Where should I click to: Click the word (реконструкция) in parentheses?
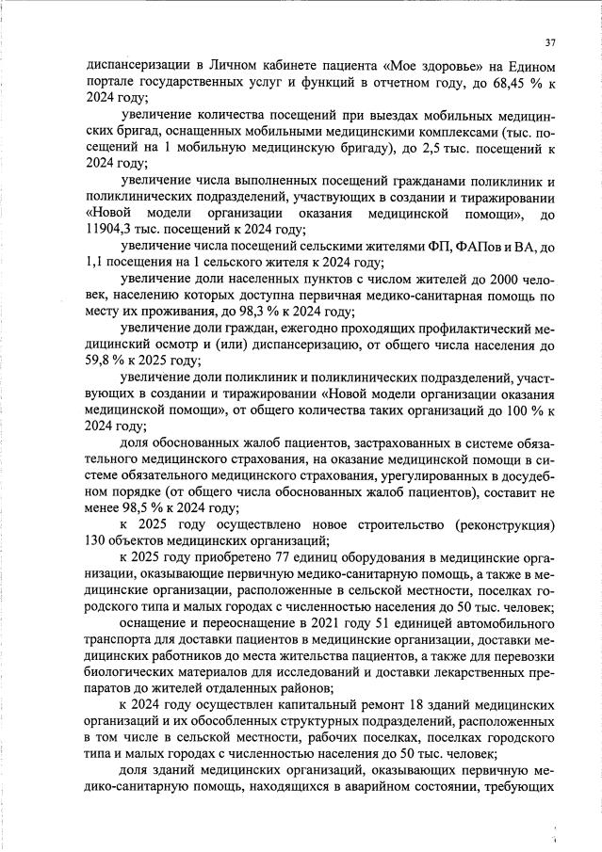[499, 523]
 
